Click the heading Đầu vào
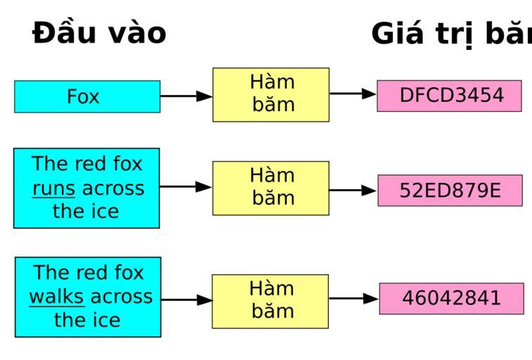click(99, 34)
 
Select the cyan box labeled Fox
click(87, 96)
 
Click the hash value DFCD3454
click(450, 96)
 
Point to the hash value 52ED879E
click(450, 191)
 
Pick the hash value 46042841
click(451, 298)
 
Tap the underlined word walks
click(56, 297)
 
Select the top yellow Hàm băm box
click(271, 94)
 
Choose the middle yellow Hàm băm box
click(271, 188)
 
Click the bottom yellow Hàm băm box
click(271, 301)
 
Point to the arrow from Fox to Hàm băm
click(186, 96)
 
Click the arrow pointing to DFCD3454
click(353, 94)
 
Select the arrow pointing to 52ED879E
click(353, 190)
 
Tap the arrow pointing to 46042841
click(353, 299)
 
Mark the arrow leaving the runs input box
click(186, 187)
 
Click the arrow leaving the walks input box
click(186, 300)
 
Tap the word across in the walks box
click(121, 297)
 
